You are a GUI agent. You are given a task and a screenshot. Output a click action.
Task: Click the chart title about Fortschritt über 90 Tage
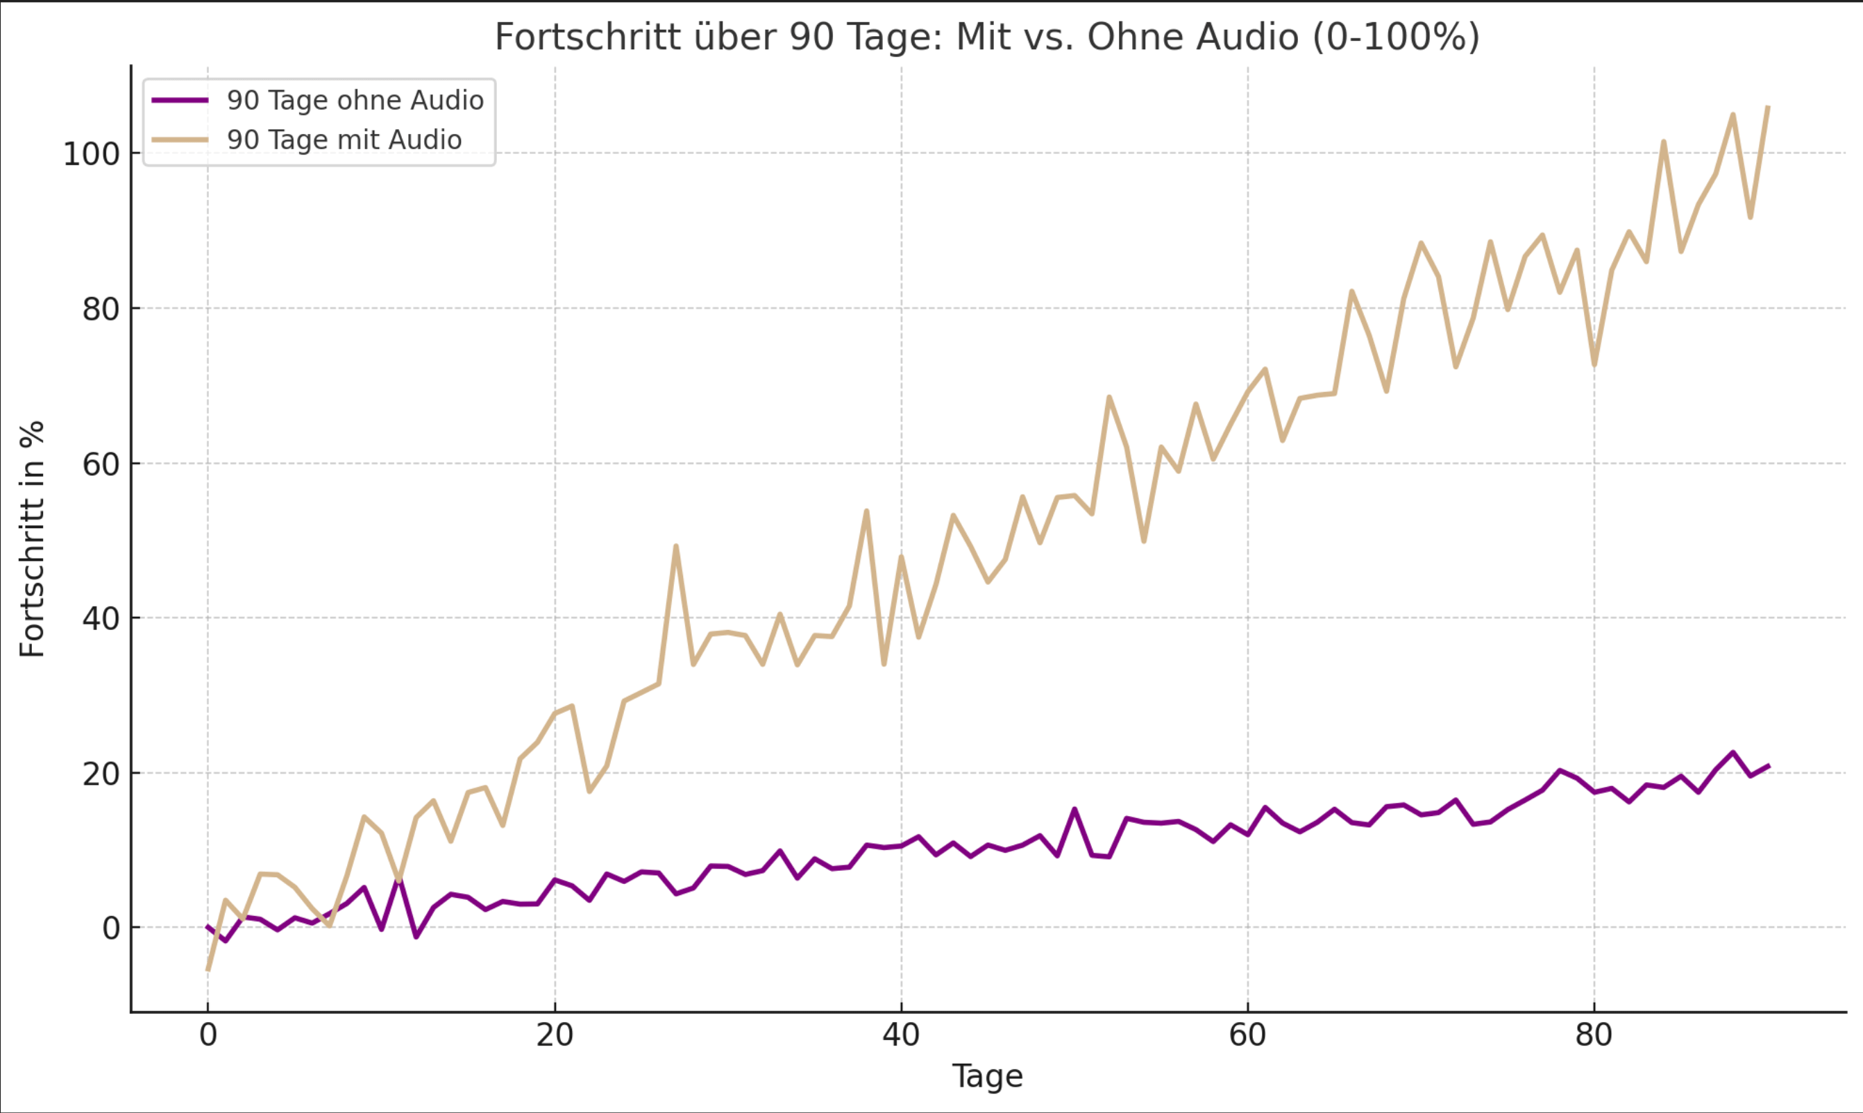click(x=987, y=37)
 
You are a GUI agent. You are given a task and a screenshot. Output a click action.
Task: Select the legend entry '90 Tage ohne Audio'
click(x=355, y=101)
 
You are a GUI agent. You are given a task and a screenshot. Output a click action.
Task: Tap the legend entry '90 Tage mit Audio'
click(x=344, y=140)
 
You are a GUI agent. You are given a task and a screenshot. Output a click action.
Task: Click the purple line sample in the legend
click(x=180, y=101)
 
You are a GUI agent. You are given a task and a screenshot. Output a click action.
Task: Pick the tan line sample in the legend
click(x=180, y=140)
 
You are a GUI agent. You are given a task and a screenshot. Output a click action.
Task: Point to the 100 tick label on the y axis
click(x=92, y=155)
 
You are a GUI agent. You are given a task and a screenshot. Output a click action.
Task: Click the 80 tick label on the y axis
click(x=101, y=309)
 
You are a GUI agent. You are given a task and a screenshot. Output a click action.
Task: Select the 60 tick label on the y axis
click(x=101, y=465)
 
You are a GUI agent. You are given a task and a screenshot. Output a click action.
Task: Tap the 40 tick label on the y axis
click(x=101, y=620)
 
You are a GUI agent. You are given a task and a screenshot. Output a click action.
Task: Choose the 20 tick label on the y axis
click(x=101, y=774)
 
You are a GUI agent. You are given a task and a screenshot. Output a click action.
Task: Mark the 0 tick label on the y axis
click(x=111, y=929)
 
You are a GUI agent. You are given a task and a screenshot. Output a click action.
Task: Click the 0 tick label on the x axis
click(x=208, y=1036)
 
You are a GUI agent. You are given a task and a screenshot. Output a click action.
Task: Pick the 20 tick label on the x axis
click(x=555, y=1036)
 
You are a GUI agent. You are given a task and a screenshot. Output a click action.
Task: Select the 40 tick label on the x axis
click(x=901, y=1036)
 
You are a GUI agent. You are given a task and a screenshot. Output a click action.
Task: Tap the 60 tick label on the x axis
click(x=1247, y=1036)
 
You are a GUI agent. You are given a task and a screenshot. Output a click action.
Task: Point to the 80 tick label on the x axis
click(x=1594, y=1036)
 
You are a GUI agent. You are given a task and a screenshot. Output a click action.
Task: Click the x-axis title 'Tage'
click(x=987, y=1076)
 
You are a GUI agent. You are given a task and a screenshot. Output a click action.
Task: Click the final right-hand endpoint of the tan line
click(x=1768, y=108)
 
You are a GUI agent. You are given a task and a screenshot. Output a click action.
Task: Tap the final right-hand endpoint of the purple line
click(x=1769, y=766)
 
